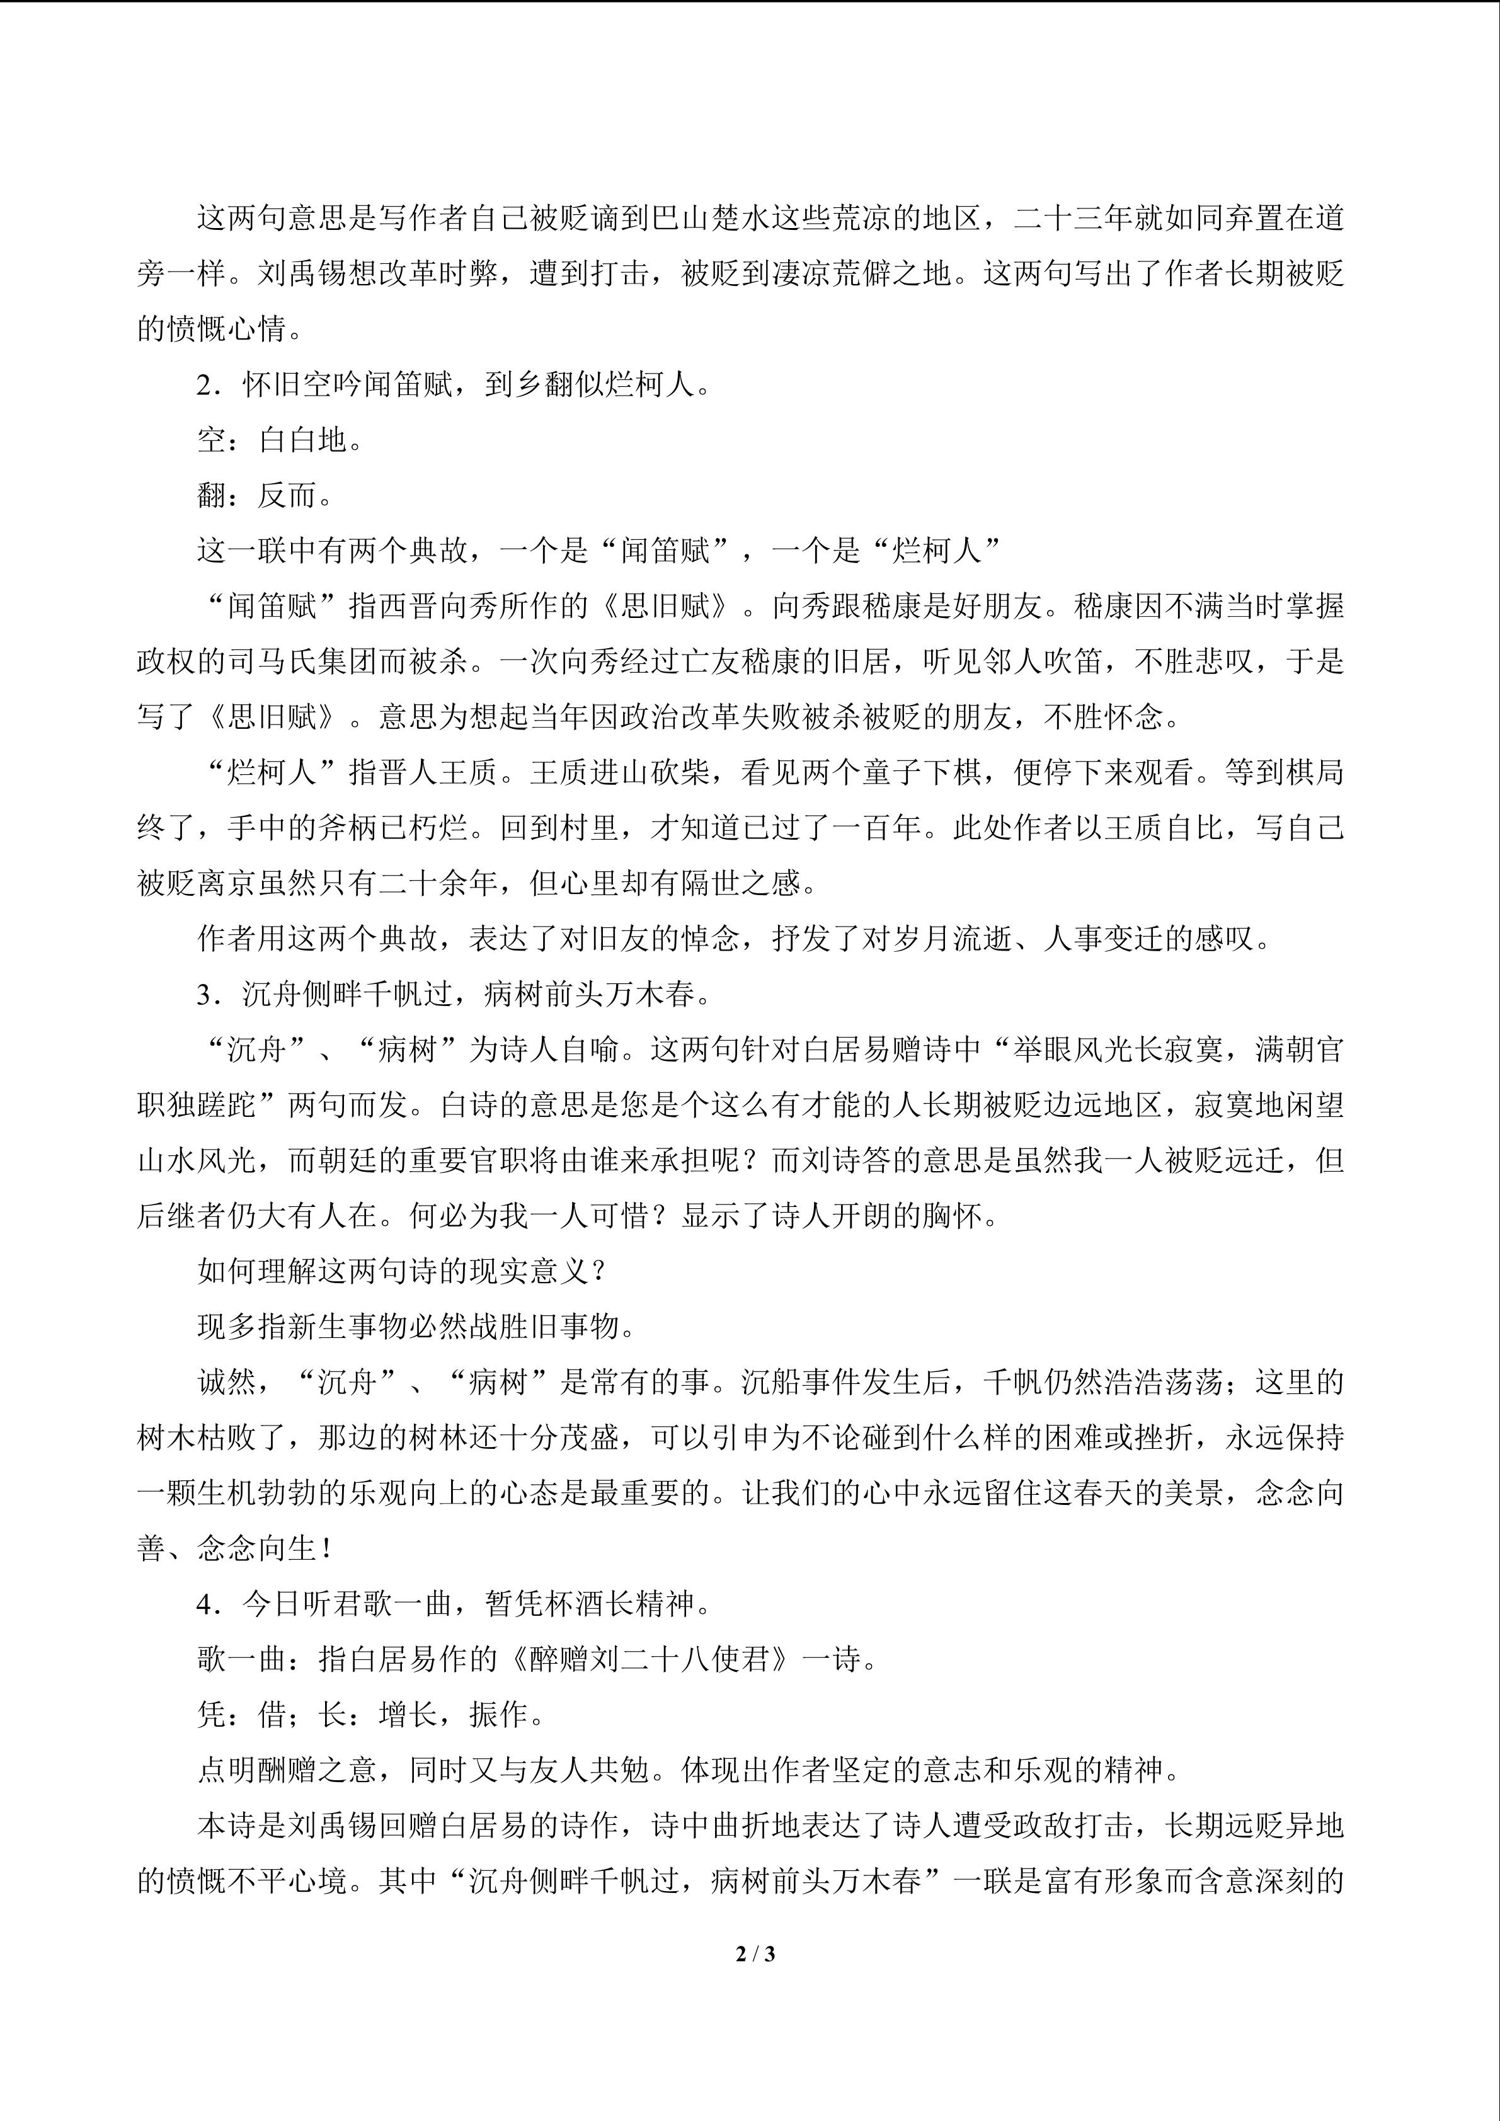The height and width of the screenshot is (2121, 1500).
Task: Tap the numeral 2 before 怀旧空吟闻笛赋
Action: click(205, 386)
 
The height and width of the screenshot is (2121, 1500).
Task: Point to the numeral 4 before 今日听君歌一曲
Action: click(205, 1604)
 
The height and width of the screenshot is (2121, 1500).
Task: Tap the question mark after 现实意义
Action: click(598, 1272)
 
